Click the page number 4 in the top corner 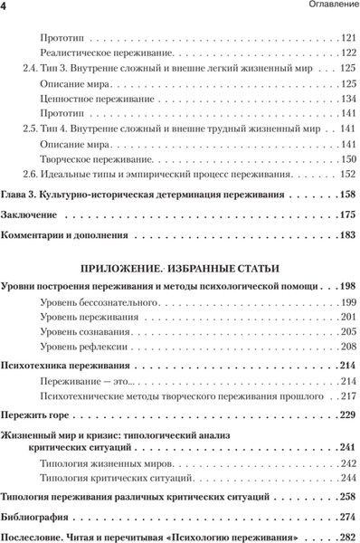point(5,7)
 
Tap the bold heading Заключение point(34,215)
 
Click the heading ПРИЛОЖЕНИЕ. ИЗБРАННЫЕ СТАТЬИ point(181,268)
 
